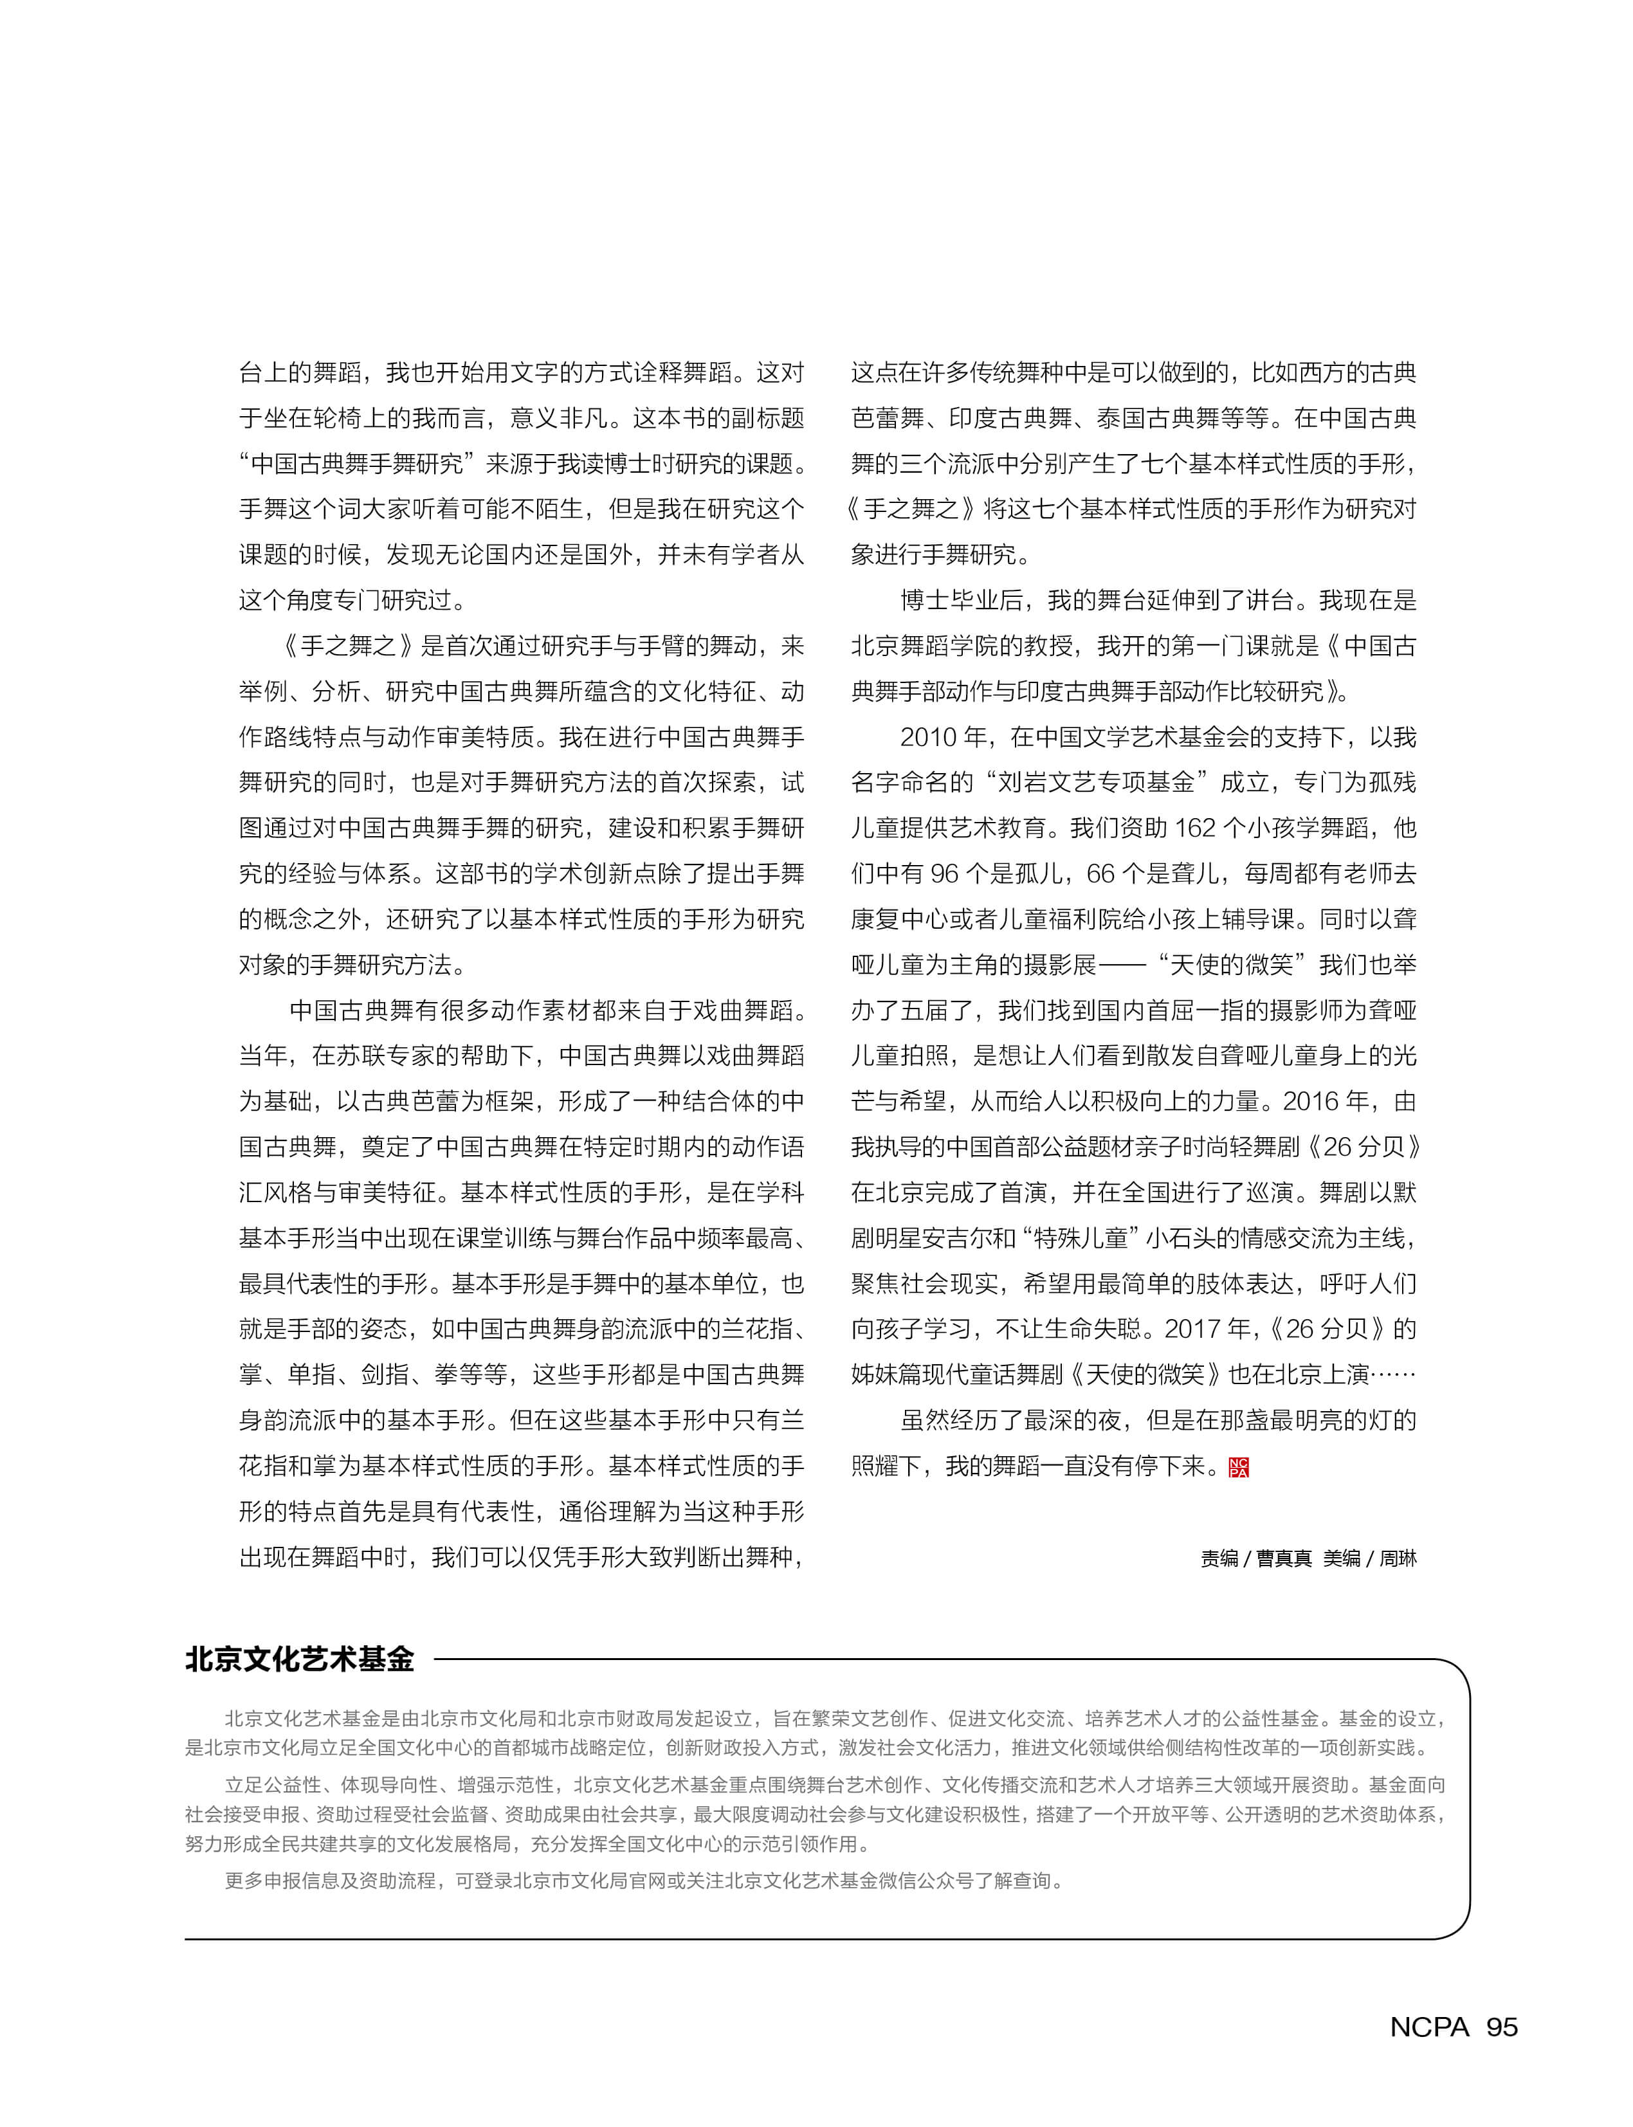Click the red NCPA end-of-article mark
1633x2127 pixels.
click(1238, 1467)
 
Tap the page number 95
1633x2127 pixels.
click(1502, 2027)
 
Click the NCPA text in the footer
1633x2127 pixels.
click(1429, 2027)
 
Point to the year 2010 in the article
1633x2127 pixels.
click(928, 737)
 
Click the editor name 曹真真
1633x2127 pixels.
click(1284, 1558)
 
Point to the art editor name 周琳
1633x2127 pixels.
click(1398, 1558)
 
